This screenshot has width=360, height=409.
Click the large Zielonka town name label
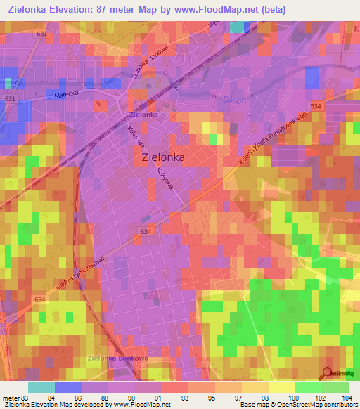[x=163, y=158]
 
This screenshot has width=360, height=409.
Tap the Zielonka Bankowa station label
[x=117, y=358]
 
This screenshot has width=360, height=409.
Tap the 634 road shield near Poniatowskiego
[x=316, y=106]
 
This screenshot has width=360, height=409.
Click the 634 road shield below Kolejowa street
[x=146, y=231]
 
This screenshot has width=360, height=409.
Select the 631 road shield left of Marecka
[x=9, y=99]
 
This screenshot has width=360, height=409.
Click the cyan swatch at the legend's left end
[x=41, y=387]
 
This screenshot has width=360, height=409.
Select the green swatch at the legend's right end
[x=335, y=387]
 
